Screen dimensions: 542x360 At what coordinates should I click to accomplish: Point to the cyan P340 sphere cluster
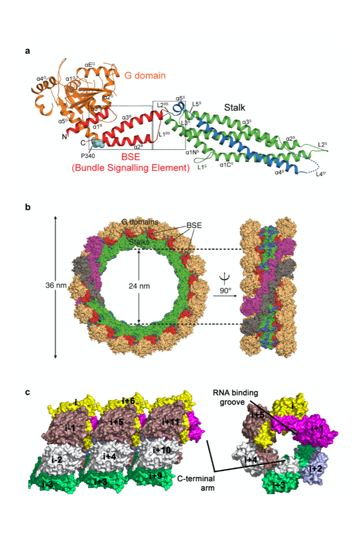(x=94, y=144)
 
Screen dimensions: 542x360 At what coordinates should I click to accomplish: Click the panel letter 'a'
(x=28, y=51)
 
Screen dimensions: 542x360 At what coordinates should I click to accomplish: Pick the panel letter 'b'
(x=28, y=207)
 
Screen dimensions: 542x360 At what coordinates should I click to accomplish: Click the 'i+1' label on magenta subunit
(x=317, y=428)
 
